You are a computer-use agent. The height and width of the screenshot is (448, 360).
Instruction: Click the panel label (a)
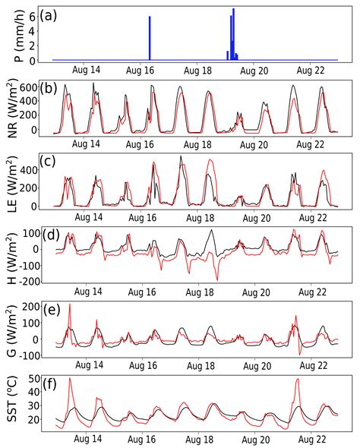click(59, 14)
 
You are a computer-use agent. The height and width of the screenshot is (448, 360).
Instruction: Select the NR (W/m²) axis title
click(10, 107)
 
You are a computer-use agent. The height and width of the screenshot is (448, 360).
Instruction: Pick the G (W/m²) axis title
click(10, 327)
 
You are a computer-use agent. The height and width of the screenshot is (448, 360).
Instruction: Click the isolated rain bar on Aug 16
click(150, 38)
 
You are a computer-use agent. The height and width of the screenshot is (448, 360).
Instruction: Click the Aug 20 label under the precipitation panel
click(254, 70)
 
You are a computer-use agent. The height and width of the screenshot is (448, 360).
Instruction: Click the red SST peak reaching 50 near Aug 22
click(297, 379)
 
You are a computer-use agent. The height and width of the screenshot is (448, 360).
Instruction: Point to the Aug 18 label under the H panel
click(198, 289)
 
